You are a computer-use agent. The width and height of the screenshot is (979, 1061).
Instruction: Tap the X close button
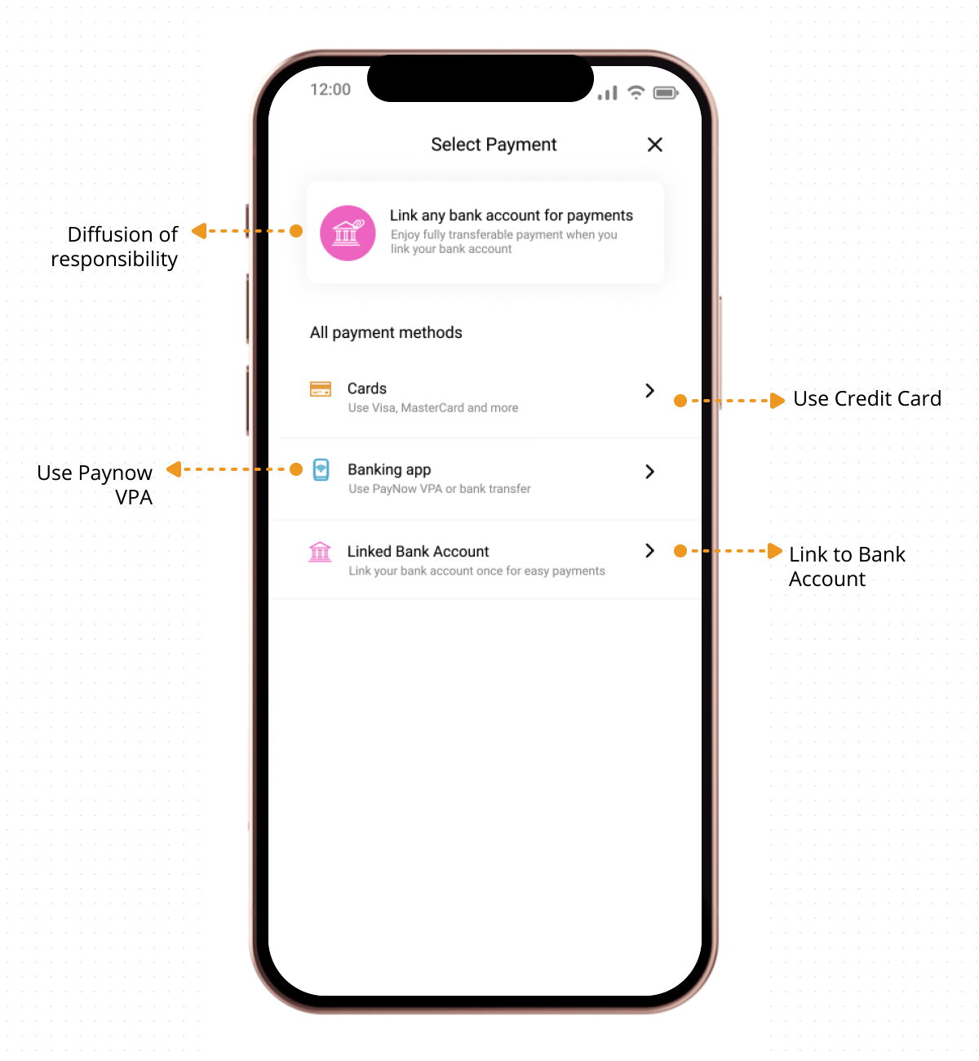pos(654,144)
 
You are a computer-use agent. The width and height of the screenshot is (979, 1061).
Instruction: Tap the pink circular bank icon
pos(348,233)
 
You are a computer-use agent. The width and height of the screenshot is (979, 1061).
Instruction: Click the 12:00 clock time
pos(330,89)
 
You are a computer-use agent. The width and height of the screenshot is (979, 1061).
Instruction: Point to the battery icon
pos(665,93)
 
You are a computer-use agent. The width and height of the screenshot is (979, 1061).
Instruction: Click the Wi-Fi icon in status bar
pos(636,92)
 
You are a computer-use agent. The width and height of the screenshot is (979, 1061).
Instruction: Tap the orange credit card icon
pos(320,388)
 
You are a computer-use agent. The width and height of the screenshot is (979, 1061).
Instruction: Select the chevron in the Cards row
pos(649,390)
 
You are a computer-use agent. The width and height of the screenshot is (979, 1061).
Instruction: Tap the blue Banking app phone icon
pos(321,469)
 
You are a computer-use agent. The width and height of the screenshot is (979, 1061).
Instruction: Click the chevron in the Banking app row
pos(649,471)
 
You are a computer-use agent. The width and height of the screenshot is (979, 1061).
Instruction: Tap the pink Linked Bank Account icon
pos(320,552)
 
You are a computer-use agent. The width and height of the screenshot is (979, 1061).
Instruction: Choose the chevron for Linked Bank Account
pos(649,551)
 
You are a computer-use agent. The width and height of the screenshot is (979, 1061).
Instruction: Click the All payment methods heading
pos(386,332)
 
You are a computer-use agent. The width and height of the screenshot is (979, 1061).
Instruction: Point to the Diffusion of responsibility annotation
pos(113,246)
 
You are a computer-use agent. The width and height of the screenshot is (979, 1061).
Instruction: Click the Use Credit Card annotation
pos(866,398)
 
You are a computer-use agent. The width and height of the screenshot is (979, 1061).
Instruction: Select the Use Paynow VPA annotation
pos(95,485)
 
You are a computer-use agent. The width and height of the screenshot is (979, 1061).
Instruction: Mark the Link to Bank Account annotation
pos(847,566)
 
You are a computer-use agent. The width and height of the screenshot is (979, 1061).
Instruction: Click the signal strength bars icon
pos(607,93)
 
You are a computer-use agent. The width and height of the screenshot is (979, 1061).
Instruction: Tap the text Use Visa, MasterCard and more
pos(432,407)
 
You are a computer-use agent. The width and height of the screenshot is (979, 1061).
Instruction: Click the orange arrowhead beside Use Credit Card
pos(777,400)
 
